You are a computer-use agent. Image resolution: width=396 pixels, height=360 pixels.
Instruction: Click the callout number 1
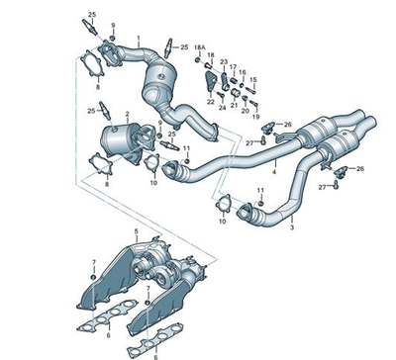click(x=140, y=38)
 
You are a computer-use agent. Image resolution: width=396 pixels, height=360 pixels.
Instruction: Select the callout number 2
click(x=127, y=115)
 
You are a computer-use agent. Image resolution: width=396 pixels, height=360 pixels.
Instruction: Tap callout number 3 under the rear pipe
click(x=291, y=228)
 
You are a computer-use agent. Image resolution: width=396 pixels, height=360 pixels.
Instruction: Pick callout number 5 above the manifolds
click(x=136, y=232)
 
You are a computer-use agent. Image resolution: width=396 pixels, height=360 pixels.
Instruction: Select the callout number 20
click(x=244, y=110)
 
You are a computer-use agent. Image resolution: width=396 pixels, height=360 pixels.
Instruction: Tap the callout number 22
click(x=210, y=100)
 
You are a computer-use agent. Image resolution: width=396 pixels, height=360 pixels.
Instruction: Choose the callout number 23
click(x=224, y=61)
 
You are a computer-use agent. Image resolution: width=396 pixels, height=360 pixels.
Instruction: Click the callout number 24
click(x=222, y=106)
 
